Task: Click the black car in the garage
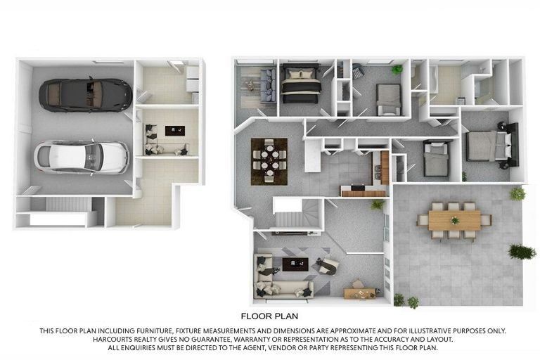click(x=85, y=94)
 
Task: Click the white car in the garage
click(x=82, y=156)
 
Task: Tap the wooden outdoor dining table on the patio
click(x=454, y=221)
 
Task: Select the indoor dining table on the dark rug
click(x=269, y=157)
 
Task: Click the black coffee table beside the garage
click(x=174, y=130)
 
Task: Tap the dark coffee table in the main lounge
click(x=295, y=264)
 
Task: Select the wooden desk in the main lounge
click(x=359, y=292)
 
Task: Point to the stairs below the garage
click(x=68, y=205)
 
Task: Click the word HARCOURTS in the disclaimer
click(x=113, y=340)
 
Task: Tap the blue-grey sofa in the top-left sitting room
click(x=268, y=85)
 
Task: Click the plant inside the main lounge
click(x=378, y=205)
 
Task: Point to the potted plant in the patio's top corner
click(x=517, y=193)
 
